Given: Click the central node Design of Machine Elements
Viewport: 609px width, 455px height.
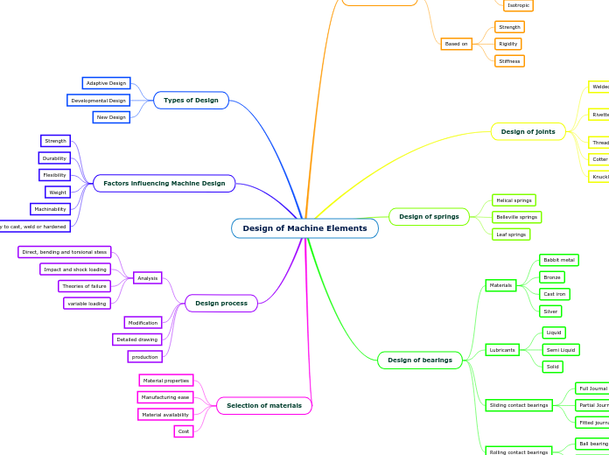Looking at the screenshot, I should tap(304, 228).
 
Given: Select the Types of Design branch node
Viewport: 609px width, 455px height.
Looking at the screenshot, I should tap(191, 101).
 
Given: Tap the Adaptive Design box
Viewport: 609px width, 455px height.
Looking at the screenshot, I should tap(106, 83).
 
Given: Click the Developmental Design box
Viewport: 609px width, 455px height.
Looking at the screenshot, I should tap(98, 101).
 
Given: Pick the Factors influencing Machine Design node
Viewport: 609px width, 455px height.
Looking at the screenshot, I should tap(164, 184).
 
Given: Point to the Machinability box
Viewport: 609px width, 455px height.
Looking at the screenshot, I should tap(50, 209).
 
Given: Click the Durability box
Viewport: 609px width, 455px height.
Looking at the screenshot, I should tap(54, 158).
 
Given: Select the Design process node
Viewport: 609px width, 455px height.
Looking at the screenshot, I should tap(220, 304).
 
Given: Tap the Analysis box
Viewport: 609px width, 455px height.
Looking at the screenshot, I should tap(147, 278).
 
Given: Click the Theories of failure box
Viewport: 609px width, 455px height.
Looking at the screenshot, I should tap(84, 286).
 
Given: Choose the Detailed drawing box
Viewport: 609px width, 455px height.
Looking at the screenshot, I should tap(136, 339).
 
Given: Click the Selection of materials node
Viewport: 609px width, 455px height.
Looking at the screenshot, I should tap(263, 406).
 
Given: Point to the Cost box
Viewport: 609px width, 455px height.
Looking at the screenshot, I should tap(184, 431).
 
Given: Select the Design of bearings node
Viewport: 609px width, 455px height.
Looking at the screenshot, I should tap(419, 360).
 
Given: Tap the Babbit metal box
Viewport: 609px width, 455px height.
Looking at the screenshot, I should tap(558, 260).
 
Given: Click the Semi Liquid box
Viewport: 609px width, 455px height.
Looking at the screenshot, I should tap(560, 350).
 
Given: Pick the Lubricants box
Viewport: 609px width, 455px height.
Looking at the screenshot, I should tap(502, 350).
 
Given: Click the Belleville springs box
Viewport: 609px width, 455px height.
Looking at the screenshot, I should tap(515, 217).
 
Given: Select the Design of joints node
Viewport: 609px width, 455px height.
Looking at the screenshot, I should tap(528, 132).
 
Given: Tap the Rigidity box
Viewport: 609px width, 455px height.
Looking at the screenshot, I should tap(507, 44).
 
